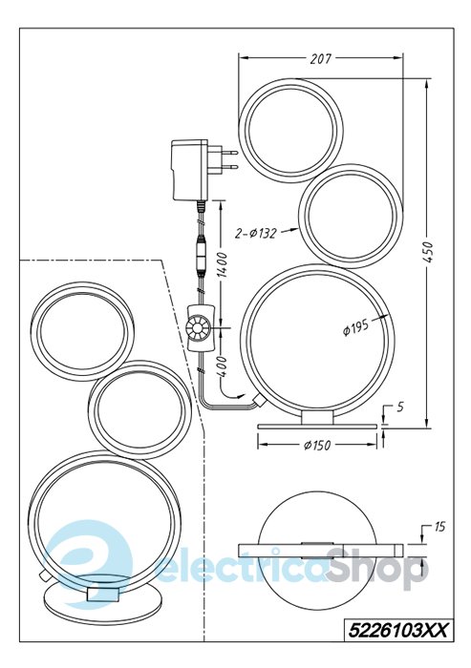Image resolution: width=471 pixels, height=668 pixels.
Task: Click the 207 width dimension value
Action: coord(320,58)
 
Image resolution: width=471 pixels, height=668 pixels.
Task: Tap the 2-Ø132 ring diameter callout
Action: coord(256,233)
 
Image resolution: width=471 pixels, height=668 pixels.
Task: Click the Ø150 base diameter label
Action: coord(317,446)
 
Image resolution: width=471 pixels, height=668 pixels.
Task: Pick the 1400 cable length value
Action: coord(222,265)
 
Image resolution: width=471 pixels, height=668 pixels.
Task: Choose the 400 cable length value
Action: coord(223,366)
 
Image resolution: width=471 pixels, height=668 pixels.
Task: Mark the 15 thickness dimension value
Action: coord(439,527)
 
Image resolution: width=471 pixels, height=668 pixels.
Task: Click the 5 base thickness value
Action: coord(399,407)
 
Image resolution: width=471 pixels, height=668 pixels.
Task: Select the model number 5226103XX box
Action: coord(397,630)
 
